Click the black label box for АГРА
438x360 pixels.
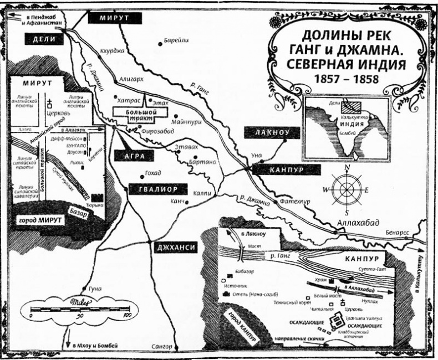tap(130, 156)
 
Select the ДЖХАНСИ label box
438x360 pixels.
tap(174, 248)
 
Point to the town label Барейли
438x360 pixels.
tap(177, 41)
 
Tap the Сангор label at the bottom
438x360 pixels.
tap(161, 347)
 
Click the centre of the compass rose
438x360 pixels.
tap(348, 189)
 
